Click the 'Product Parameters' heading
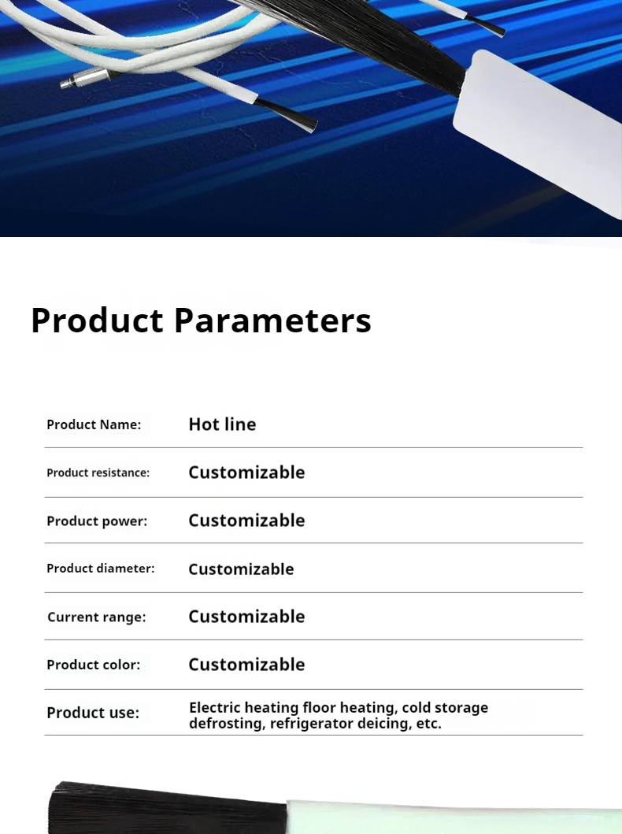[201, 321]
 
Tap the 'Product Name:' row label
[94, 424]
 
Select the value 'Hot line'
[222, 424]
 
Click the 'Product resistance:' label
[98, 473]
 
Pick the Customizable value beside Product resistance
[246, 473]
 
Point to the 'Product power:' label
[97, 521]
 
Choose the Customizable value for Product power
[246, 521]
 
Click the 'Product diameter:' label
[101, 568]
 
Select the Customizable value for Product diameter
[242, 569]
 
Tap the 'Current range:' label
[96, 617]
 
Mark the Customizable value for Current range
[246, 617]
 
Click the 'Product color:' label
[94, 665]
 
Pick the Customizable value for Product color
[246, 665]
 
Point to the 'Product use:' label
[93, 713]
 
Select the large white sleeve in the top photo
[537, 133]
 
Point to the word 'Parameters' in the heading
[272, 321]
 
